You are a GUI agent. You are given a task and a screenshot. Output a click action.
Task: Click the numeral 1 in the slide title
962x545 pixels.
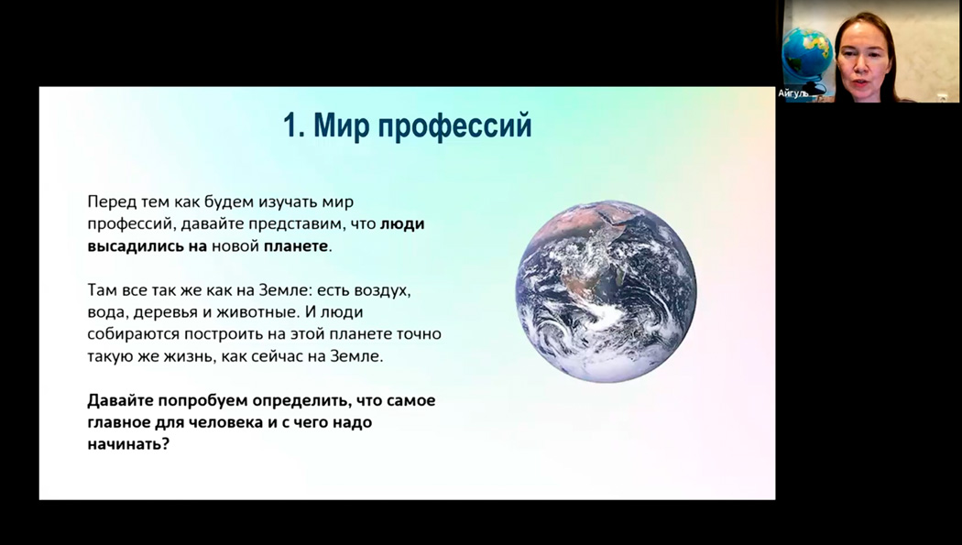(x=290, y=125)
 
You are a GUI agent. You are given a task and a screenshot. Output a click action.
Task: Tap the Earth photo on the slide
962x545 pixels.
(x=606, y=291)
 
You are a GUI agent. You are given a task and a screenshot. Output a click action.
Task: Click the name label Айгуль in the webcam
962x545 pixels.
(x=793, y=93)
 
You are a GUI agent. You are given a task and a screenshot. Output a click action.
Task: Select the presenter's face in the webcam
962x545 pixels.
(x=863, y=59)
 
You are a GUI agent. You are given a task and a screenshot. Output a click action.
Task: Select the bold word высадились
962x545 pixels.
(x=136, y=246)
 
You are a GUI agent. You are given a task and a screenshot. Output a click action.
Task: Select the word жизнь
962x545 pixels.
(x=189, y=357)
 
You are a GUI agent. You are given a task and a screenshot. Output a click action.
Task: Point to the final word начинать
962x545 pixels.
(x=127, y=444)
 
